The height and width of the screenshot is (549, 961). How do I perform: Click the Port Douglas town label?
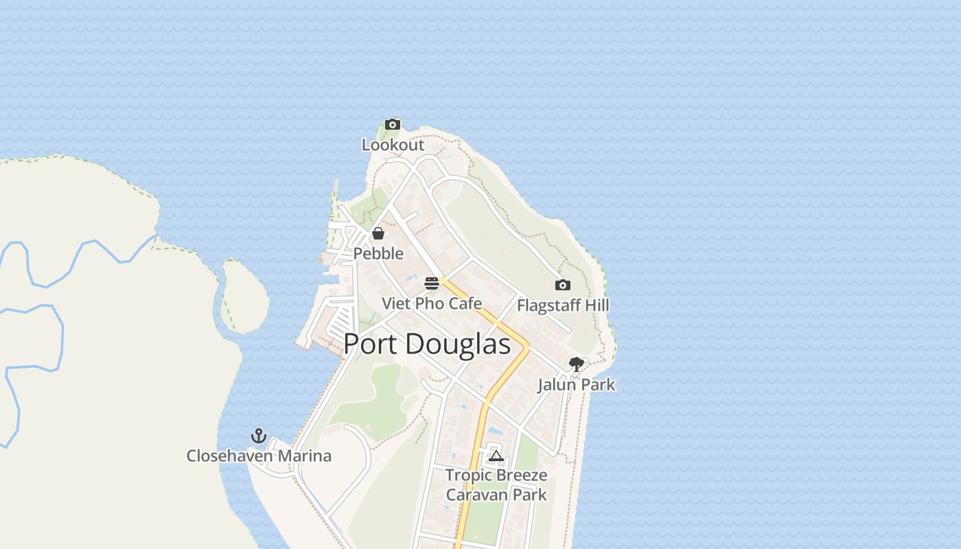pos(427,344)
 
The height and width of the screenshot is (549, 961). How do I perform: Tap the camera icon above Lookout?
pos(393,124)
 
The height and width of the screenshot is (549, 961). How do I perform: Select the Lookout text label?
pos(393,145)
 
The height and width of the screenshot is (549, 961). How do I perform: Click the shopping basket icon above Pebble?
pos(378,233)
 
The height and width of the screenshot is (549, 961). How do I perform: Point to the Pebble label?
pos(378,253)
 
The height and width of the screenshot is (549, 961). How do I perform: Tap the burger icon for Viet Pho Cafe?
pos(432,283)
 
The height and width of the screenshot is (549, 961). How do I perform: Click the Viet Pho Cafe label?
pos(432,303)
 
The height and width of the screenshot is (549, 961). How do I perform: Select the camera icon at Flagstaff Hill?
pos(562,285)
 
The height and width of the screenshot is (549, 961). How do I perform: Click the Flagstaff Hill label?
pos(563,305)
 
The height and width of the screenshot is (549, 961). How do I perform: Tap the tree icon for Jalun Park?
pos(577,364)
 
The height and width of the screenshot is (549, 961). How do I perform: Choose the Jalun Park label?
pos(577,384)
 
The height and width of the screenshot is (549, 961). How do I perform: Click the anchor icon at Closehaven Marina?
pos(259,436)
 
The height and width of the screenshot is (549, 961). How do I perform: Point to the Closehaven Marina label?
pos(259,456)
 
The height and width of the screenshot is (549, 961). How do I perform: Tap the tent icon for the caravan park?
pos(496,455)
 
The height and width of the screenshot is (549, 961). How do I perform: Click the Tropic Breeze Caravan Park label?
pos(496,484)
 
